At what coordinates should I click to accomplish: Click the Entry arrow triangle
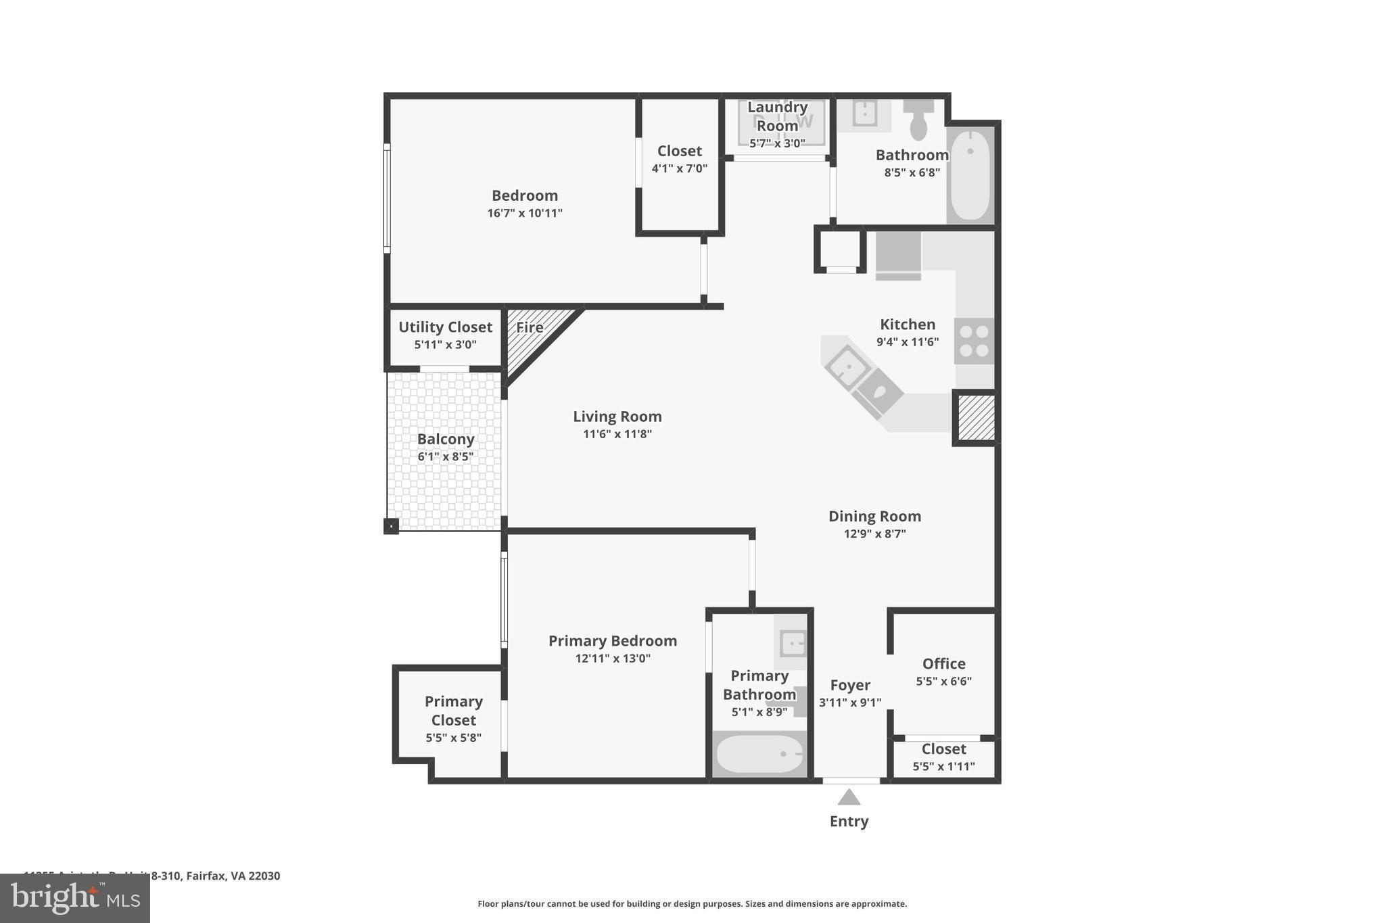point(849,798)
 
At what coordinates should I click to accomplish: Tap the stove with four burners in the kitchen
point(975,341)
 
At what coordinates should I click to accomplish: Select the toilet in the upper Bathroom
point(918,120)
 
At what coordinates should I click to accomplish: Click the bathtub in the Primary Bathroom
point(759,754)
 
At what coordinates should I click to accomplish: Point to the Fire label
point(530,327)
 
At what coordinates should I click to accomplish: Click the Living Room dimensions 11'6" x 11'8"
point(617,434)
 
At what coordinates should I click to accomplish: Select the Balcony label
point(445,439)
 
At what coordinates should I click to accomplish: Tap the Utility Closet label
point(445,327)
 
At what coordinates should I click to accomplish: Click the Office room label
point(943,663)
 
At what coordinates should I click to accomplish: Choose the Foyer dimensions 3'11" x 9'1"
point(850,703)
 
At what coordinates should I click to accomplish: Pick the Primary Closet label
point(453,711)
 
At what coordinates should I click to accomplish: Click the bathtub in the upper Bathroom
point(970,174)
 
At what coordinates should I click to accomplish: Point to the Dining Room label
point(874,516)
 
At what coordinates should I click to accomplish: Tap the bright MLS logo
point(75,898)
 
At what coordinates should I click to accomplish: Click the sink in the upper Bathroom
point(865,114)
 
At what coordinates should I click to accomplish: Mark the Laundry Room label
point(777,116)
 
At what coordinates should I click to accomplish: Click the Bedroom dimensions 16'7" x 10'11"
point(524,213)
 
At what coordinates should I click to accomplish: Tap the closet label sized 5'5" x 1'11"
point(943,749)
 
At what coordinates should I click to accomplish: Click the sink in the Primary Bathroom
point(793,644)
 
